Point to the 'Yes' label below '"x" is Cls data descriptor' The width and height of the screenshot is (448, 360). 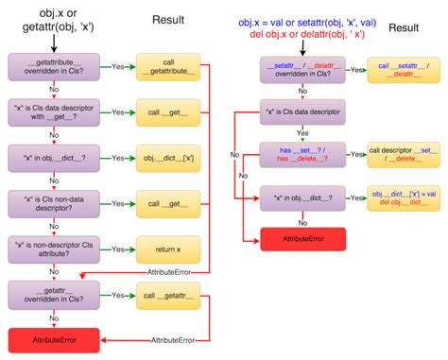pyautogui.click(x=304, y=133)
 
